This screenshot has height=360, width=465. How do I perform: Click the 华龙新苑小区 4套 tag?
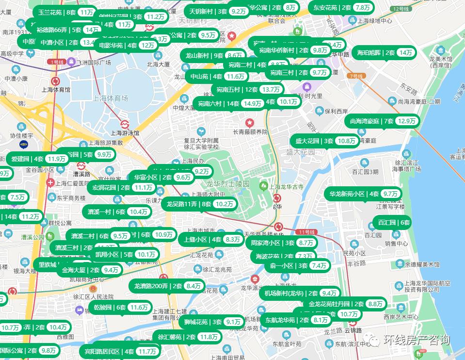tap(363, 194)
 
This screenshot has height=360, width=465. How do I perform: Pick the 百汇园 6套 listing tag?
tap(393, 223)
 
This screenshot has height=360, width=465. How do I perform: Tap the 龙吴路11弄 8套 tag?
tap(199, 204)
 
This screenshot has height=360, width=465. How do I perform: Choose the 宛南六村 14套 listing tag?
tap(229, 103)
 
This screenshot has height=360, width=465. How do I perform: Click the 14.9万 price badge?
tap(253, 103)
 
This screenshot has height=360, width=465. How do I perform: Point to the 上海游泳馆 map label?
tap(125, 132)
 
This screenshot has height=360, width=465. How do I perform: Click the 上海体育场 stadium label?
tap(111, 98)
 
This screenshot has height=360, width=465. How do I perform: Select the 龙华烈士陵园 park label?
tap(227, 184)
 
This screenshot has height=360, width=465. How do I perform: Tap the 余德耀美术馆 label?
tap(422, 265)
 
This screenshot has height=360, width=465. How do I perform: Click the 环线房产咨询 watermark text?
tap(416, 341)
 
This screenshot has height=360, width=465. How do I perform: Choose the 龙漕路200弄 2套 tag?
tap(167, 286)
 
